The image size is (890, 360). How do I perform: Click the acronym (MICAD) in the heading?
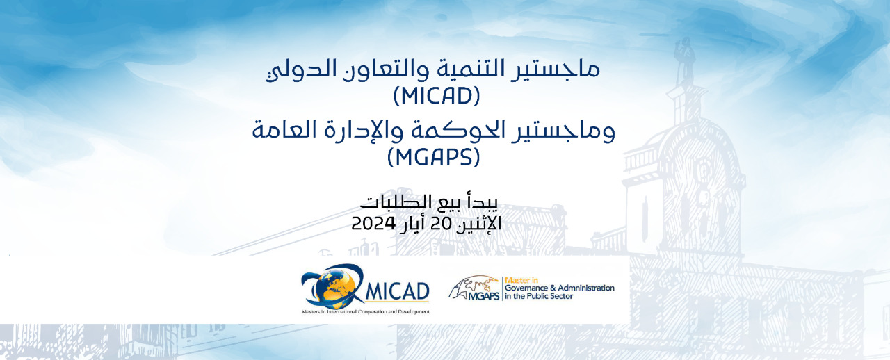pyautogui.click(x=437, y=96)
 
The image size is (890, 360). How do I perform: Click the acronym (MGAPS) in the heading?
pyautogui.click(x=433, y=157)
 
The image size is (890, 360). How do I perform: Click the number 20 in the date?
pyautogui.click(x=442, y=224)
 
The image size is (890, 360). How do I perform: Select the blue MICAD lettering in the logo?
pyautogui.click(x=397, y=292)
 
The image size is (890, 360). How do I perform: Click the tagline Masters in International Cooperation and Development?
pyautogui.click(x=366, y=312)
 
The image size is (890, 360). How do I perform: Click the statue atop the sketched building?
pyautogui.click(x=684, y=60)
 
